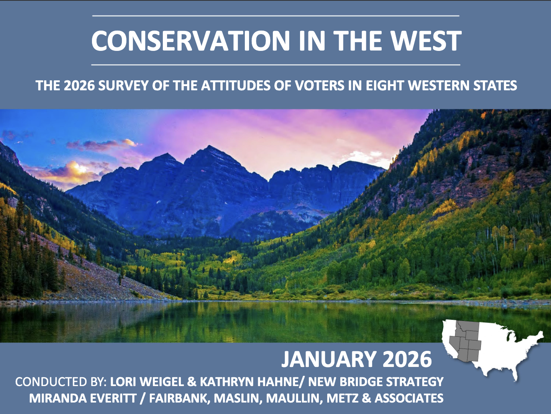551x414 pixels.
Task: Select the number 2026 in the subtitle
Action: point(79,85)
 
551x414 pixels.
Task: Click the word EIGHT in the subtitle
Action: point(385,85)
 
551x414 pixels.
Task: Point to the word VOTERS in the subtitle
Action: point(319,85)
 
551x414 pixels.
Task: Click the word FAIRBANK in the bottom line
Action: point(180,398)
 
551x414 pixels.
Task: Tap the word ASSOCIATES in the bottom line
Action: point(409,398)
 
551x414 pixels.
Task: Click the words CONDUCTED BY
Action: point(61,382)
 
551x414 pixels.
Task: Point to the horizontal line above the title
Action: point(275,16)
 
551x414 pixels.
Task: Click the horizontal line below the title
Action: point(275,65)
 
